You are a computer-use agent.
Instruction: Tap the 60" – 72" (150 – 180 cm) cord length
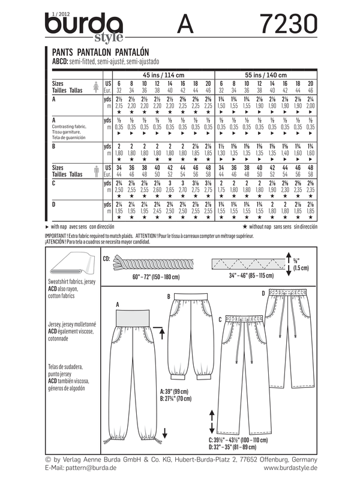click(x=152, y=278)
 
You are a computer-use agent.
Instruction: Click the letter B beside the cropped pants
click(x=169, y=296)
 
